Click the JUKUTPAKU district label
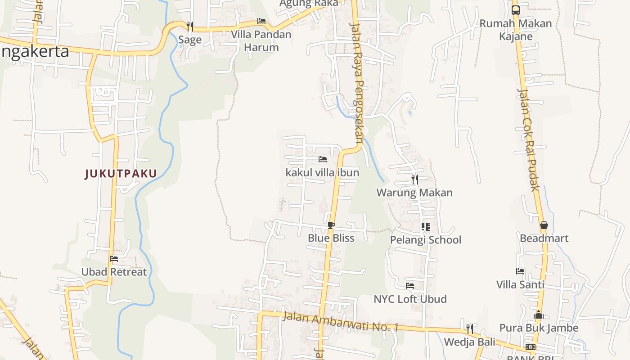(121, 174)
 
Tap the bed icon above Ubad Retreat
(114, 259)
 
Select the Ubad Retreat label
(114, 272)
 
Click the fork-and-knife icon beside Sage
(190, 26)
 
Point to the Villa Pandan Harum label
(261, 40)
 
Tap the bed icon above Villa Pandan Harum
(261, 21)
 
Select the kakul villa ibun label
(322, 172)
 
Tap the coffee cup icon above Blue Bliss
(331, 225)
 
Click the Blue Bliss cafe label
(331, 238)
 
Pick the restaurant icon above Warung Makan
(414, 180)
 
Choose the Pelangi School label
(425, 240)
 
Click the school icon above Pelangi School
(425, 227)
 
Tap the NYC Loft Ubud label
(410, 299)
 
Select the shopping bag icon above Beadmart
(544, 225)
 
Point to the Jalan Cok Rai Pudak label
(528, 139)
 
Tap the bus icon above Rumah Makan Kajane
(516, 10)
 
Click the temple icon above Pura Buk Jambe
(539, 315)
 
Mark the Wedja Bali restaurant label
(469, 342)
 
